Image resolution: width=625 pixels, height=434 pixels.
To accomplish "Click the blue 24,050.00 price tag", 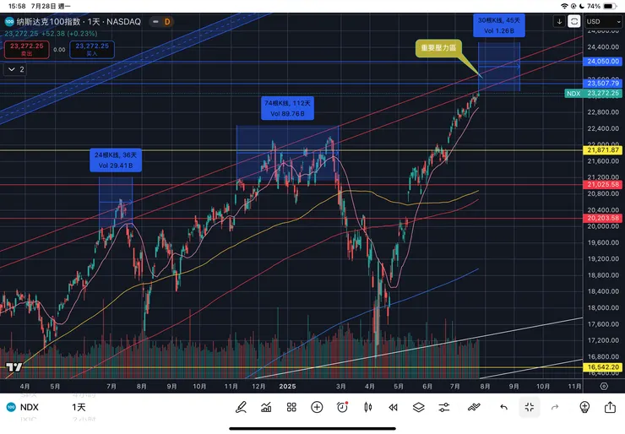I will click(603, 62).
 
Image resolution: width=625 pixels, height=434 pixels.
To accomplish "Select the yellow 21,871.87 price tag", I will click(603, 149).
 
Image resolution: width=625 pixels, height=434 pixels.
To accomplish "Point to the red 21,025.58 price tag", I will click(603, 184).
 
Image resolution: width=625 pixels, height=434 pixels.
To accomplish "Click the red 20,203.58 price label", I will click(603, 219).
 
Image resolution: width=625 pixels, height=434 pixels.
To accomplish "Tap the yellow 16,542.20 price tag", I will click(603, 368).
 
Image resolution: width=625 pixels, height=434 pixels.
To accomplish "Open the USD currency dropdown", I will click(602, 21).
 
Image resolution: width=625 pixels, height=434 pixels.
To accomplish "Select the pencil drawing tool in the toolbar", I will click(241, 407).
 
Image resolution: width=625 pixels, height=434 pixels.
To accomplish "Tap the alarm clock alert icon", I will click(342, 407).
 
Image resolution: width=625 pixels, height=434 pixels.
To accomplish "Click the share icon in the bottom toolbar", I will click(610, 407).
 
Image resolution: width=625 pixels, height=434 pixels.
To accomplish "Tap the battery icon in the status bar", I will click(606, 6).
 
